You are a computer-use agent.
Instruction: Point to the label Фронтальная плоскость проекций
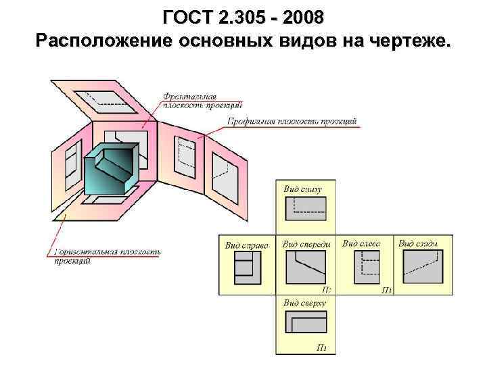click(201, 99)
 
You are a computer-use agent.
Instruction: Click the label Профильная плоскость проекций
click(292, 122)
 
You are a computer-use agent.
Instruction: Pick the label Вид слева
click(361, 243)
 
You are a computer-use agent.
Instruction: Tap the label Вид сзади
click(418, 243)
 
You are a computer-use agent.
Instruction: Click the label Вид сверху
click(304, 303)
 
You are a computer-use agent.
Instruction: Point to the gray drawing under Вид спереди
click(306, 268)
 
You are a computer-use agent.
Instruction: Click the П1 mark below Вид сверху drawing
click(323, 347)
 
